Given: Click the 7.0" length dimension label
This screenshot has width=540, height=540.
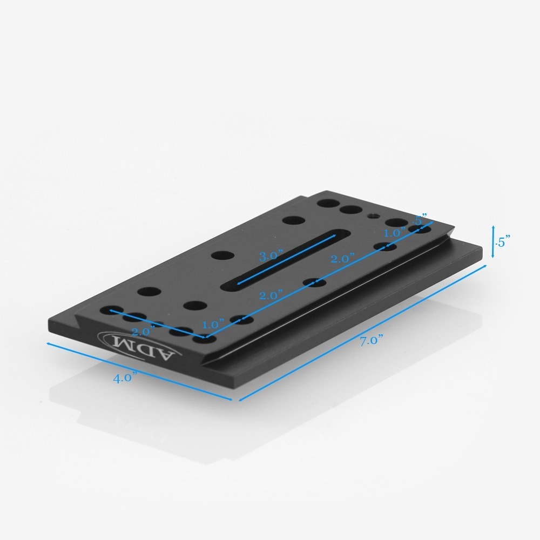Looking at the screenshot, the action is click(x=372, y=340).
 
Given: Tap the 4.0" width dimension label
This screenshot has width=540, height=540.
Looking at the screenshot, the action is click(x=123, y=377).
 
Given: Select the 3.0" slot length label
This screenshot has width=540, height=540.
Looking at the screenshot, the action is click(x=271, y=256).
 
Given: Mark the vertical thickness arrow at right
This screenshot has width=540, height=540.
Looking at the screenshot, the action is click(x=493, y=242).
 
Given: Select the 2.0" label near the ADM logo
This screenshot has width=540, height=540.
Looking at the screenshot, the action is click(x=143, y=332).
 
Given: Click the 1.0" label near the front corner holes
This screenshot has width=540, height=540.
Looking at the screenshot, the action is click(x=213, y=325).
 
